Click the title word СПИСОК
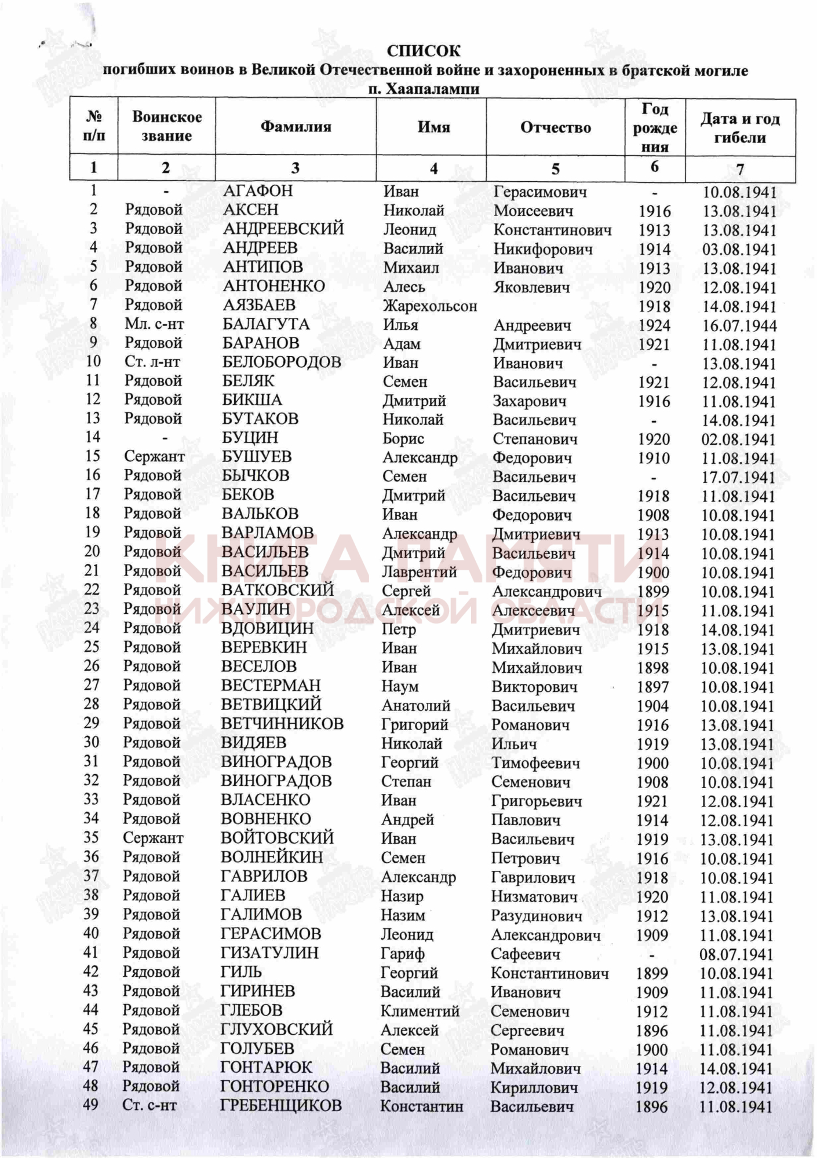[424, 51]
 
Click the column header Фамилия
[296, 127]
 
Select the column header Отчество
[555, 127]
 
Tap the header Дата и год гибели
[740, 128]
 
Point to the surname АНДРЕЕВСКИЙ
[283, 229]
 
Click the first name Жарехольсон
[430, 306]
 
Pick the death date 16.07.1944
[739, 325]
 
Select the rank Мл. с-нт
[154, 324]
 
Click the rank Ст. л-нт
[152, 362]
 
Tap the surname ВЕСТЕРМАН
[271, 686]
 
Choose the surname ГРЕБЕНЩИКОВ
[281, 1105]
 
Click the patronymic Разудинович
[537, 916]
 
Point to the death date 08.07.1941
[736, 954]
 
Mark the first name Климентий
[420, 1011]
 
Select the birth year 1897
[653, 687]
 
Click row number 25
[92, 647]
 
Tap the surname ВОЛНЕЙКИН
[272, 857]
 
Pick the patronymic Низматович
[534, 897]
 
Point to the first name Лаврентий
[419, 572]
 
